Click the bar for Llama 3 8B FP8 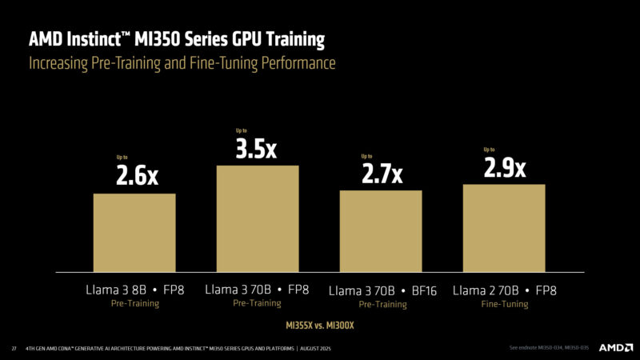coord(134,232)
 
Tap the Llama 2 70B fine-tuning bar coord(504,227)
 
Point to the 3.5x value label coord(257,149)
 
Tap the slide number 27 coord(14,348)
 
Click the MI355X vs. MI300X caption coord(320,326)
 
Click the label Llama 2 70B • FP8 coord(504,290)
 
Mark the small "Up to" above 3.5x coord(242,130)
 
